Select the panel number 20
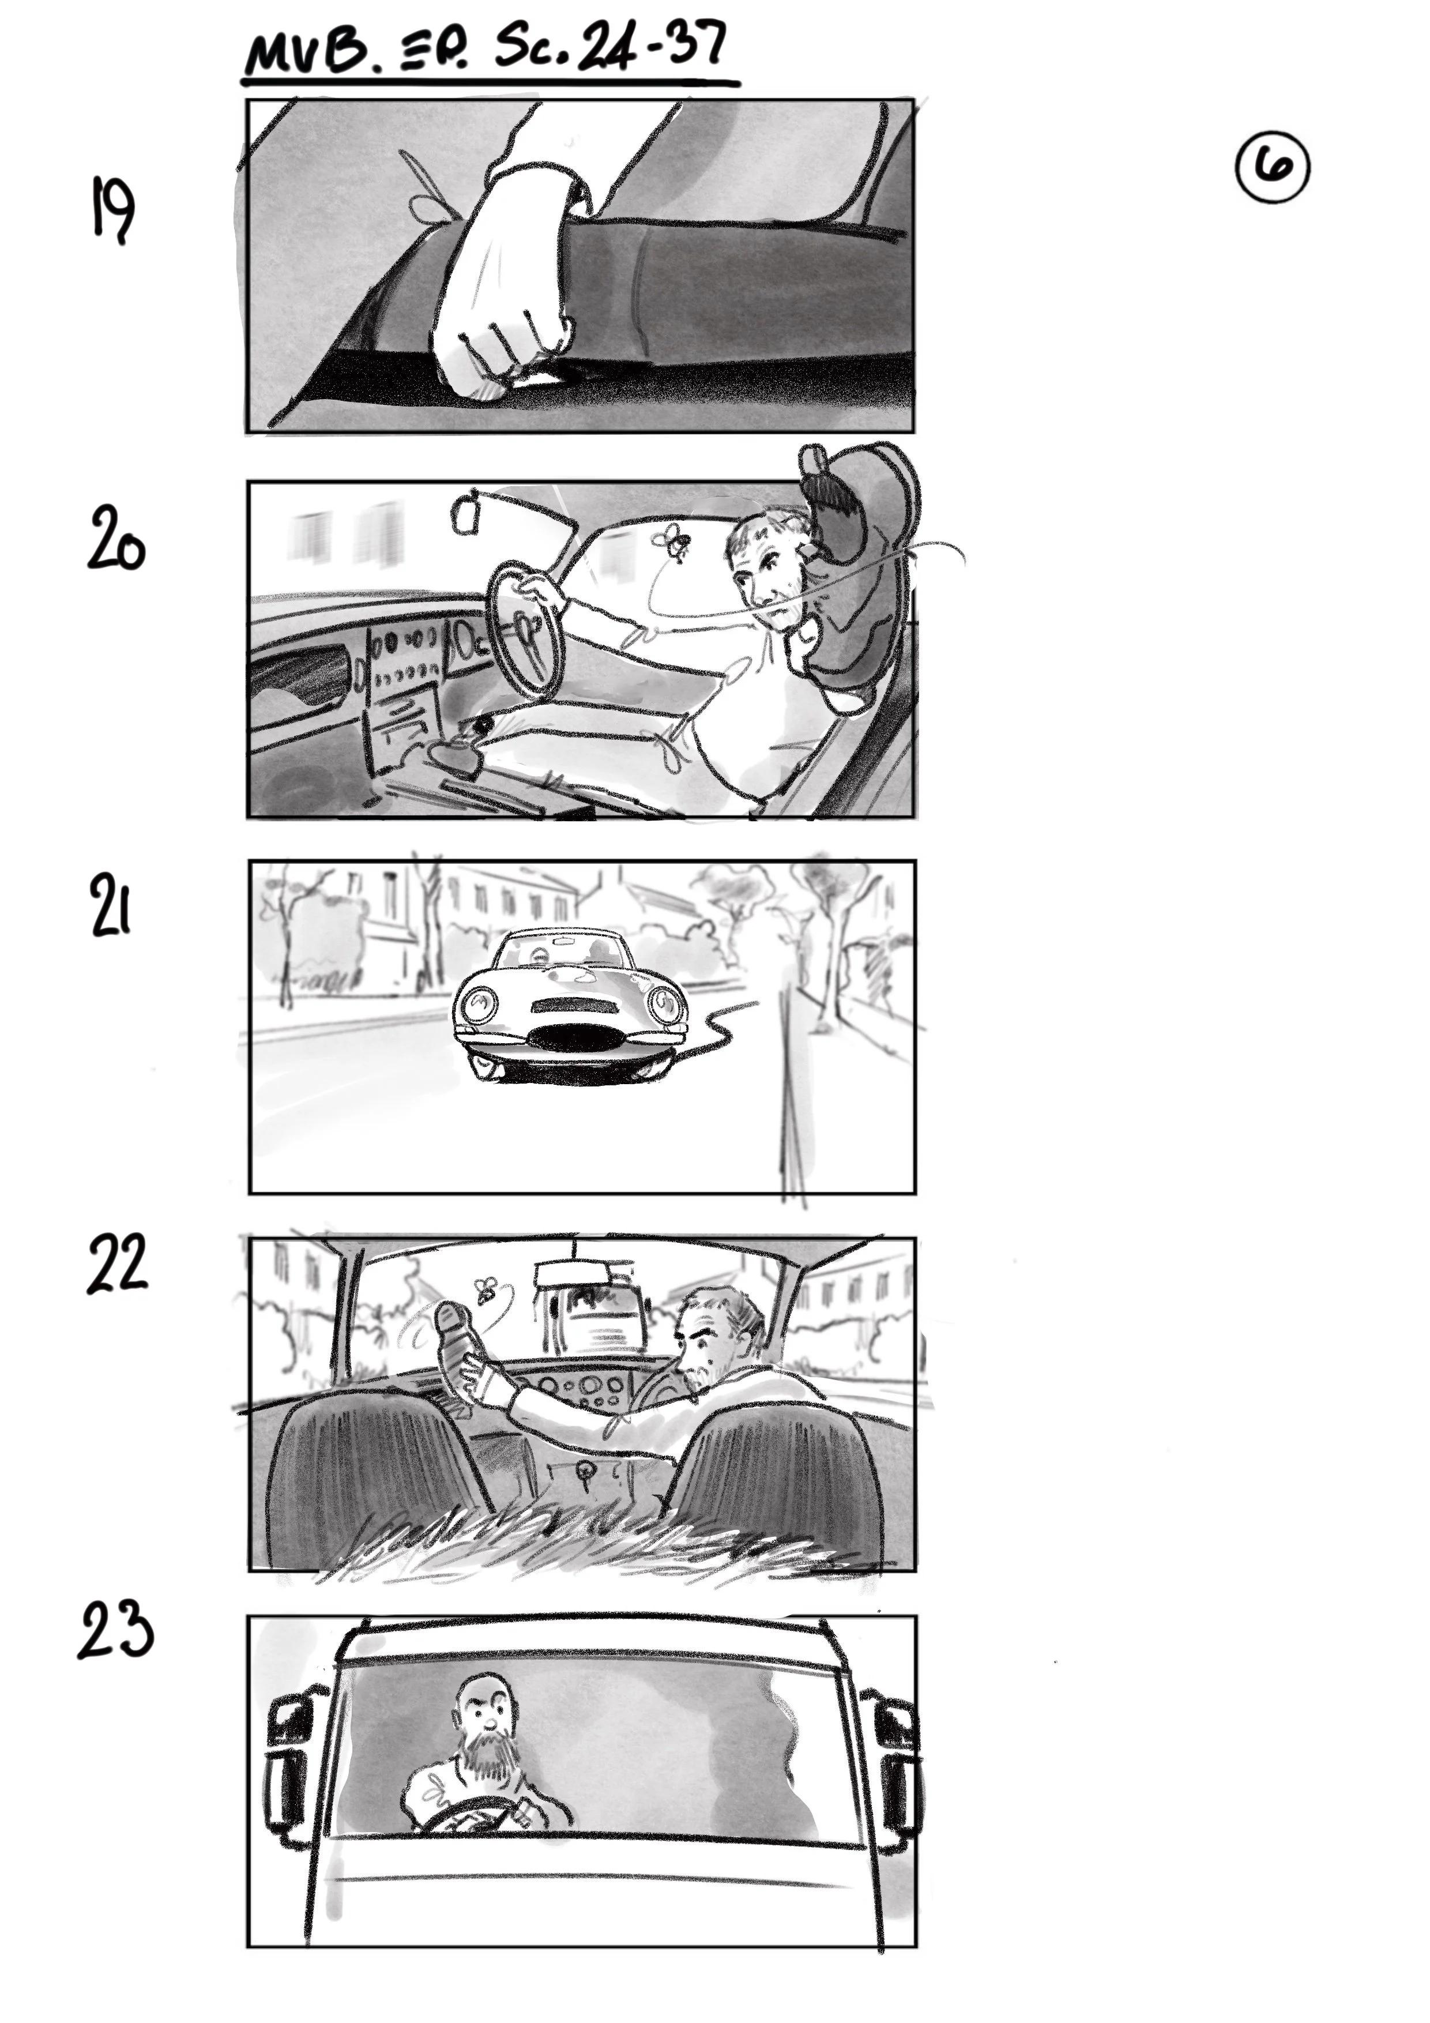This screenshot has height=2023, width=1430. [x=115, y=539]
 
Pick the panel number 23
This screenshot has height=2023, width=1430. [x=115, y=1630]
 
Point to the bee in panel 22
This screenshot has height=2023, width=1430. [x=484, y=1291]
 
